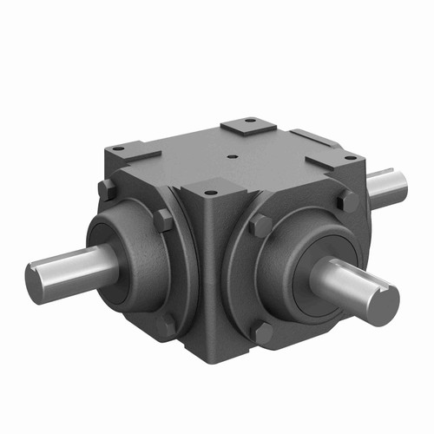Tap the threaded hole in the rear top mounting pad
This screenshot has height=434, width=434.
(249, 122)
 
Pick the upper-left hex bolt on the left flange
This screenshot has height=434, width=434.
(107, 189)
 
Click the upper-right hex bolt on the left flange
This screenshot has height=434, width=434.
(163, 220)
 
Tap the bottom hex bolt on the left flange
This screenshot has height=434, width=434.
(168, 323)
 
